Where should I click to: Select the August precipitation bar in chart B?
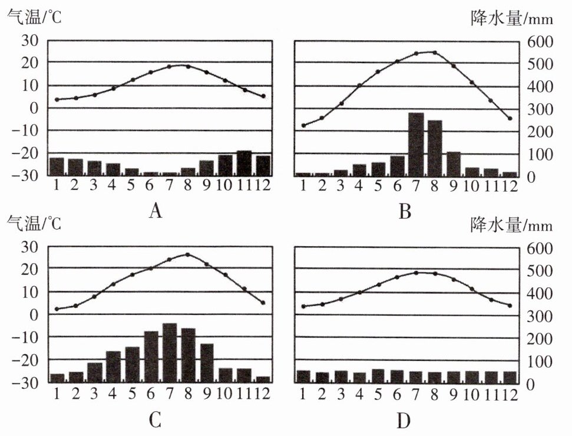(x=435, y=148)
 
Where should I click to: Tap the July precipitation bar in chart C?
(x=170, y=353)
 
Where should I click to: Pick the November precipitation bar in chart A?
(x=244, y=163)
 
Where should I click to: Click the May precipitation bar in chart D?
(x=378, y=376)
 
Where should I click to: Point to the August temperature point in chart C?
(x=188, y=254)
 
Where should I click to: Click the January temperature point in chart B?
(x=303, y=126)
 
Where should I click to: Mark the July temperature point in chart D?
(x=416, y=273)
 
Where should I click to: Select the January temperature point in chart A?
(x=57, y=100)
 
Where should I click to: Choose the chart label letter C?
(x=156, y=419)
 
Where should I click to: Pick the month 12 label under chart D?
(x=510, y=394)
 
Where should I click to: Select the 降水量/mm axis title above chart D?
(x=511, y=225)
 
